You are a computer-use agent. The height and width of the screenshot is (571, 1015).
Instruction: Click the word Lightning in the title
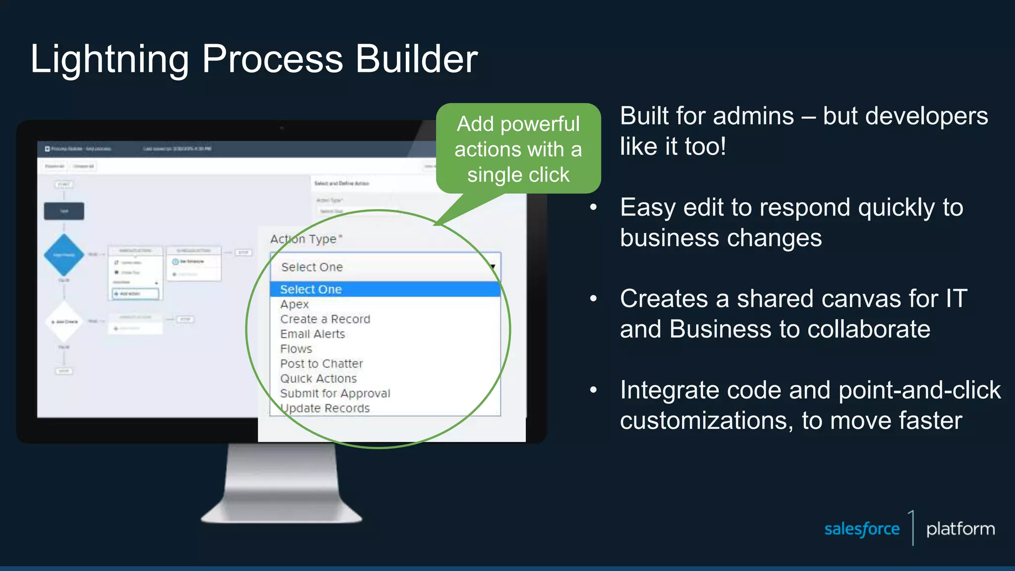[109, 59]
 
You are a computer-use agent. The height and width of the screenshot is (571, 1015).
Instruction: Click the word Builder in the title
[416, 58]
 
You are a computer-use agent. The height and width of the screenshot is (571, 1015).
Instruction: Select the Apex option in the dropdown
[294, 304]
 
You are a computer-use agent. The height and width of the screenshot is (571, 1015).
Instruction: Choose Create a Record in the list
[325, 319]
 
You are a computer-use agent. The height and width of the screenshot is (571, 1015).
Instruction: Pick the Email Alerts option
[312, 334]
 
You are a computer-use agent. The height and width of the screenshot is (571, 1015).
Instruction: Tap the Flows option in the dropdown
[296, 349]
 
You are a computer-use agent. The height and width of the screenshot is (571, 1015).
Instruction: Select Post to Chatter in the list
[321, 364]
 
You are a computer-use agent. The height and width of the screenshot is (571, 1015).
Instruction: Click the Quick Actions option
[318, 379]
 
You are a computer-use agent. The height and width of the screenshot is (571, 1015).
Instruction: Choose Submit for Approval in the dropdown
[335, 394]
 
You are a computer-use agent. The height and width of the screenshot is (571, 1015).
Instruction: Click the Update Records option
[325, 408]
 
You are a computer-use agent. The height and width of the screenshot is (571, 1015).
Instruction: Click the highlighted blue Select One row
[385, 289]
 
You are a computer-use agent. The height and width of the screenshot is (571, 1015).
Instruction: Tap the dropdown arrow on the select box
[493, 267]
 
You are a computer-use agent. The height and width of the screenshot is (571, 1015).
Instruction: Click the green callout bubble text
[518, 149]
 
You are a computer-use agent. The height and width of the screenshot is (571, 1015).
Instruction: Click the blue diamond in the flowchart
[64, 255]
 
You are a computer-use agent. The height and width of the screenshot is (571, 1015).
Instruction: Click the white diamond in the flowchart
[64, 321]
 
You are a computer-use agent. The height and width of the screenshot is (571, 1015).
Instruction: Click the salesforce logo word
[862, 529]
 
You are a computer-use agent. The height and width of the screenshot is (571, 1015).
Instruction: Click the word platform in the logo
[960, 529]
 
